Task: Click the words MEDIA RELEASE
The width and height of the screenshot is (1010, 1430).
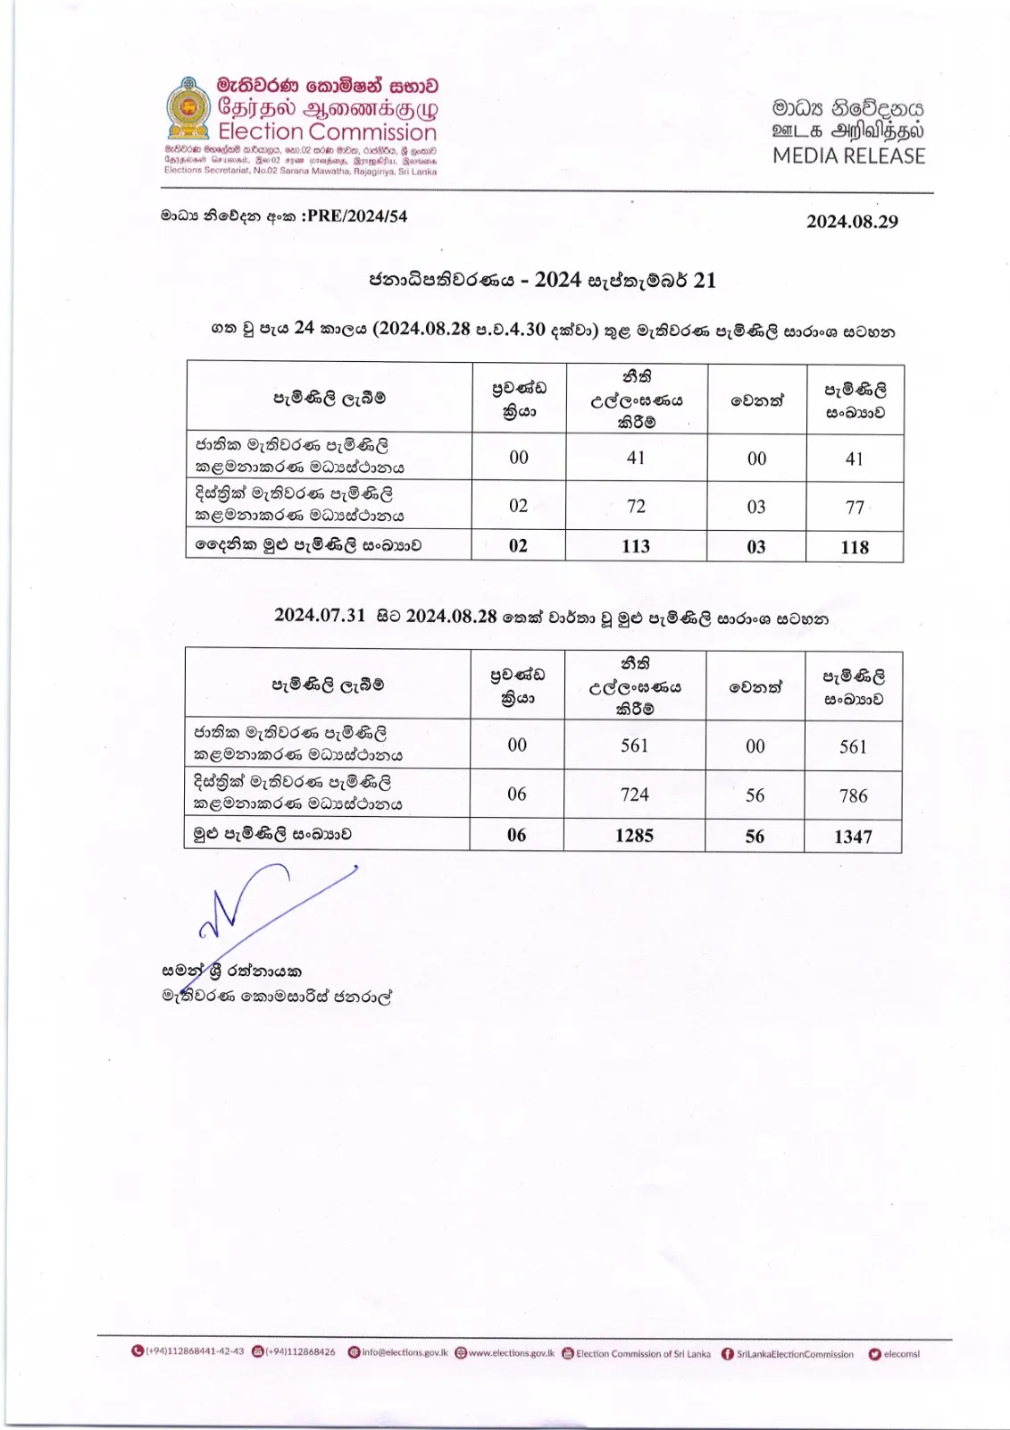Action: [x=848, y=156]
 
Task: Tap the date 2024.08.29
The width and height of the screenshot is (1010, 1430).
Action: [x=852, y=222]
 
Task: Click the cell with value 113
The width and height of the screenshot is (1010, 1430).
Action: [x=636, y=546]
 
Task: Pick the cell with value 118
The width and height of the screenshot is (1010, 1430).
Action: [x=855, y=547]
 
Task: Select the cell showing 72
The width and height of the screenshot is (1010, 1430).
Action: [x=636, y=506]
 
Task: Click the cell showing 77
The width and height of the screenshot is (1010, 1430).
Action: [x=855, y=507]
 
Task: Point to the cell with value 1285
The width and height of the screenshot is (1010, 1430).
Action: [x=634, y=836]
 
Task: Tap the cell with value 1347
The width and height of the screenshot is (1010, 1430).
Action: [x=853, y=837]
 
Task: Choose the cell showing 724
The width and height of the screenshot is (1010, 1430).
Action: [x=634, y=795]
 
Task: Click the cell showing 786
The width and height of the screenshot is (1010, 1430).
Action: [x=853, y=795]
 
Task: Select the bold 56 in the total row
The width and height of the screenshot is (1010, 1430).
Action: [x=755, y=836]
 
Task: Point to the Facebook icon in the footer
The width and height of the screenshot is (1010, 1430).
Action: [x=728, y=1354]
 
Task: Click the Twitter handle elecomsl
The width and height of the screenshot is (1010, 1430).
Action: [x=901, y=1354]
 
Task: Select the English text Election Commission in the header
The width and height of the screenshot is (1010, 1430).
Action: [x=327, y=132]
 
